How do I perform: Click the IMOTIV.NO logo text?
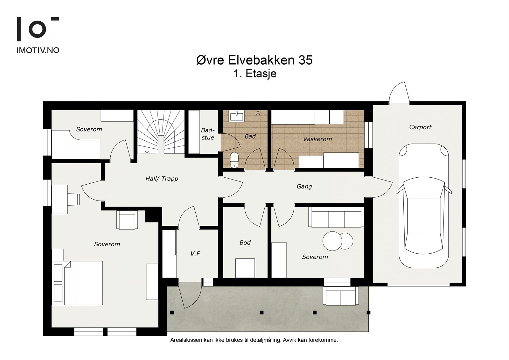click(x=38, y=50)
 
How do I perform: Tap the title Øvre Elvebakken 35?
click(x=254, y=60)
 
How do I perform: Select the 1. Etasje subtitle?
click(x=255, y=74)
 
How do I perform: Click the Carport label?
click(x=420, y=127)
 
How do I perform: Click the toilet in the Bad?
click(x=234, y=160)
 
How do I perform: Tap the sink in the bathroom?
click(x=237, y=116)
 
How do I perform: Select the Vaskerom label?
click(x=317, y=139)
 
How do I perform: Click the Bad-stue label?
click(x=208, y=134)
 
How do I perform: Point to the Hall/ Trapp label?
click(x=162, y=179)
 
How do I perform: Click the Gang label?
click(x=304, y=187)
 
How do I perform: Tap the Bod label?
click(x=245, y=243)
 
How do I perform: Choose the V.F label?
click(x=195, y=254)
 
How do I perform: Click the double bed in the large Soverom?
click(x=78, y=283)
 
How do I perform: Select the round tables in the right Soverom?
click(x=338, y=241)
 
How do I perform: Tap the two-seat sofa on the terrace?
click(x=341, y=296)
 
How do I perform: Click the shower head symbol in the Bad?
click(x=258, y=113)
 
